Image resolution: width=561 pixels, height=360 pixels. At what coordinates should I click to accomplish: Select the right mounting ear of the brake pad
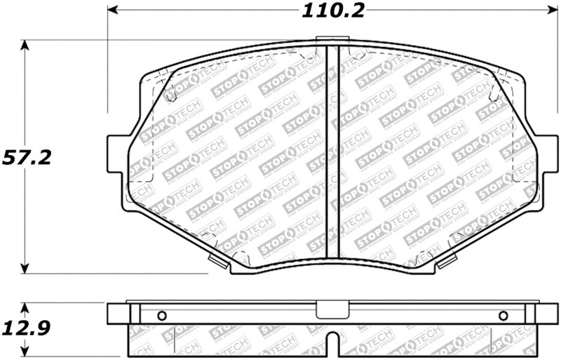(x=541, y=154)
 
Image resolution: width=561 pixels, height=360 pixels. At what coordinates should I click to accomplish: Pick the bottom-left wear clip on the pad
(x=218, y=264)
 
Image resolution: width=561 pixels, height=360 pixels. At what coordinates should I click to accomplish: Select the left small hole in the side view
(x=161, y=315)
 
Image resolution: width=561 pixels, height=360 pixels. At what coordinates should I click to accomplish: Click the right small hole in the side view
(x=503, y=315)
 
